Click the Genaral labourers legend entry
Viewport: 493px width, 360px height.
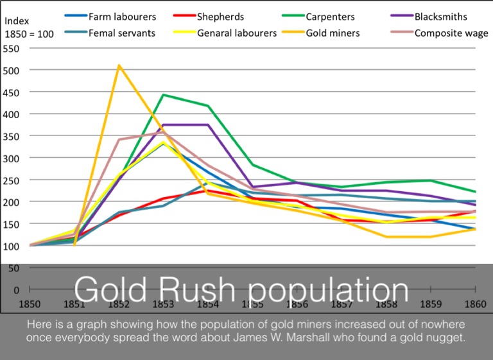point(237,33)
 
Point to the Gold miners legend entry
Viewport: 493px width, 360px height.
point(333,33)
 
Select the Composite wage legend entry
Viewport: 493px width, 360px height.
point(451,33)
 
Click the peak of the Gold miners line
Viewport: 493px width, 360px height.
point(119,65)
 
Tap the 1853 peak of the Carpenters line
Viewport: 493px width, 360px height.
point(163,95)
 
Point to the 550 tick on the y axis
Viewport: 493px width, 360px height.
point(11,49)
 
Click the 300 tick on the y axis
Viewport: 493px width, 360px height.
point(11,158)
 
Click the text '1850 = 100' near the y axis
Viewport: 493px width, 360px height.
point(29,35)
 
